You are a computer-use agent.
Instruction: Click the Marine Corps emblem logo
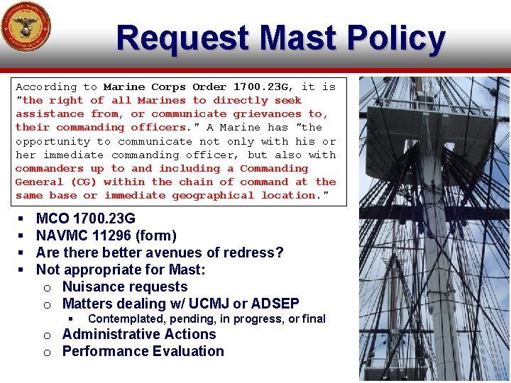(26, 27)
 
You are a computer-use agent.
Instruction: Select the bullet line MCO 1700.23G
(85, 218)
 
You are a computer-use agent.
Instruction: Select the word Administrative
(111, 334)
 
